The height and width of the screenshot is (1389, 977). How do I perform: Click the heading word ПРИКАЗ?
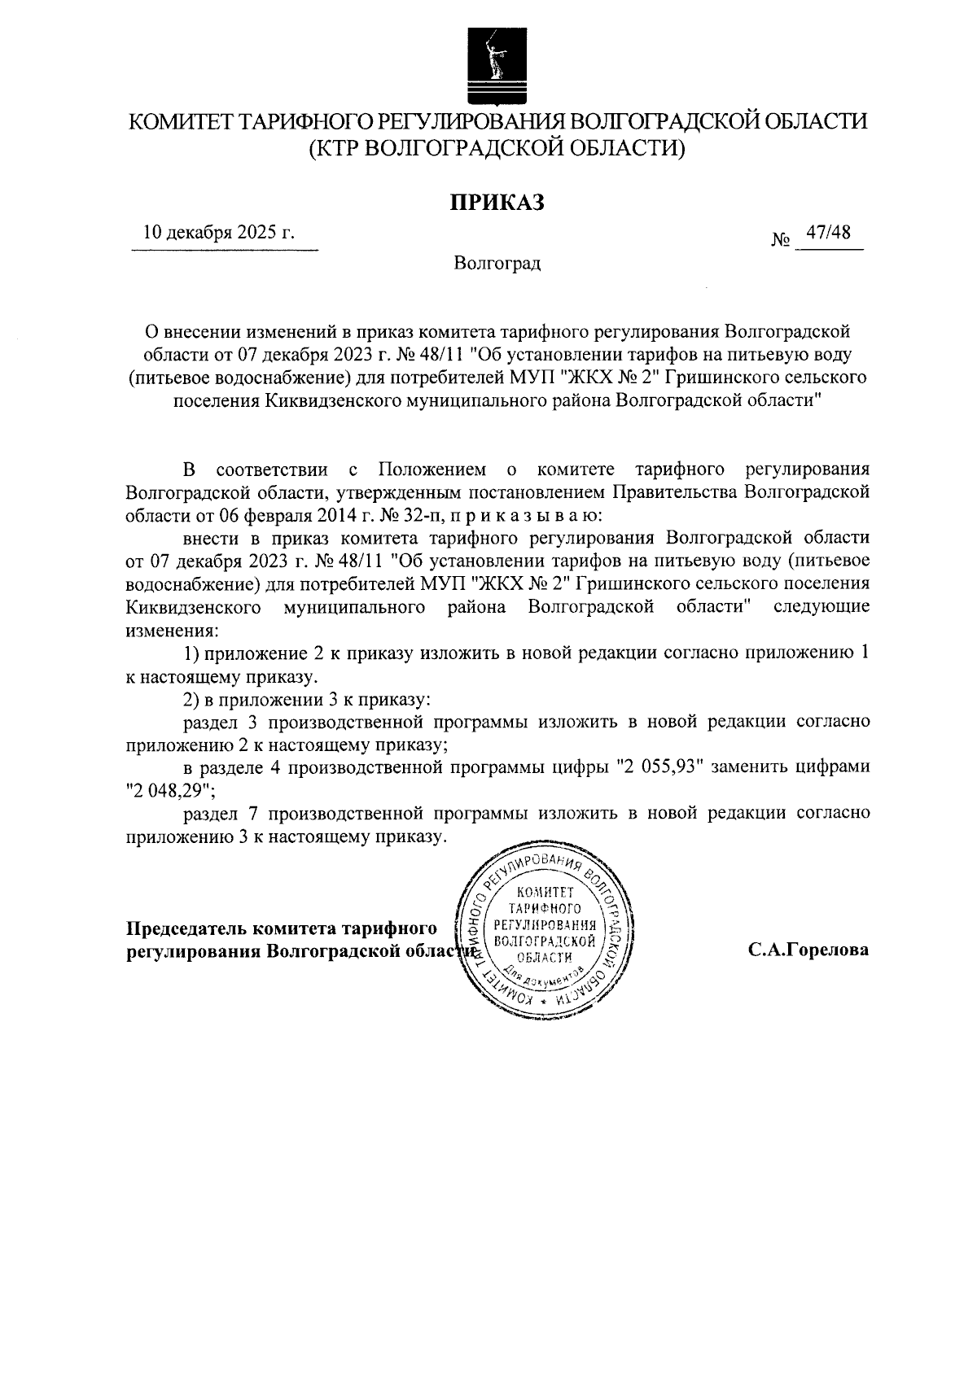(497, 202)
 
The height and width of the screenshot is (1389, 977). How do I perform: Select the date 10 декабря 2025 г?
(219, 233)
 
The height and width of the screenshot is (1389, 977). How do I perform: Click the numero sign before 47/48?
(781, 241)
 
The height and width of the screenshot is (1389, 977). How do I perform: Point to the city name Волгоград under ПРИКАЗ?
(497, 264)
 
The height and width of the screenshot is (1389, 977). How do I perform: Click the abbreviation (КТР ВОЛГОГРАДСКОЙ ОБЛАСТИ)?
(497, 149)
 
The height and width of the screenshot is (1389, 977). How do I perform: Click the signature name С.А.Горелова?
(808, 950)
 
